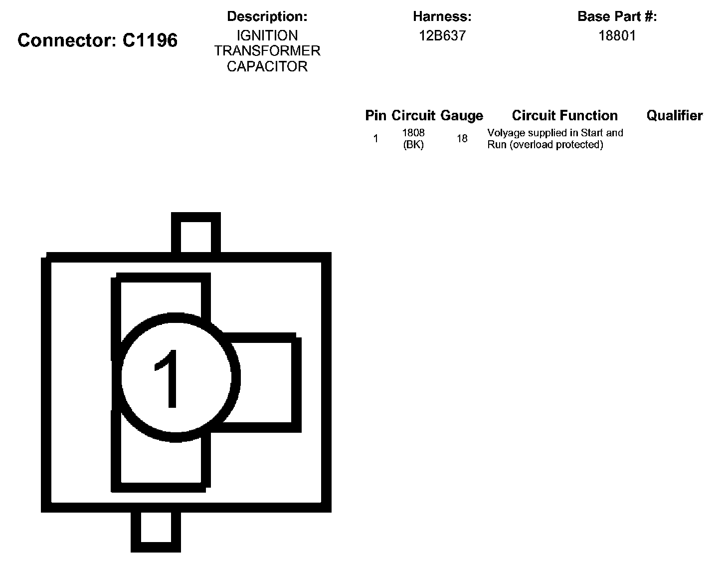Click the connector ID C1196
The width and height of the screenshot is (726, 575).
[150, 40]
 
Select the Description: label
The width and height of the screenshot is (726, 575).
[267, 16]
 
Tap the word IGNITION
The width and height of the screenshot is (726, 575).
[267, 35]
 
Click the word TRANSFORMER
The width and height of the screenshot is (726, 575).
[267, 51]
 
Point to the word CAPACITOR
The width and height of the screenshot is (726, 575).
[267, 66]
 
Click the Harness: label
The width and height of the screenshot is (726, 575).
[442, 16]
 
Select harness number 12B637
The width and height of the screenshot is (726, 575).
[442, 35]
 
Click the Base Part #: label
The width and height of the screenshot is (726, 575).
[617, 16]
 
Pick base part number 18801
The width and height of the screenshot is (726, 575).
[617, 35]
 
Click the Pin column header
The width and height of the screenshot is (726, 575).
[375, 116]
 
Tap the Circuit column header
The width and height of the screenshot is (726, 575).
[413, 116]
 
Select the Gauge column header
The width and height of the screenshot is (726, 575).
[462, 116]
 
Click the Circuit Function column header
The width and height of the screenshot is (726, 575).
[564, 116]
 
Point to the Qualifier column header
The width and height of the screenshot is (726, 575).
[674, 116]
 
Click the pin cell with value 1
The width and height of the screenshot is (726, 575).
[375, 139]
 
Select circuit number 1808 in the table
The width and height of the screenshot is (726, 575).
[413, 133]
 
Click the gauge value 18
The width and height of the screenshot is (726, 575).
[462, 139]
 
